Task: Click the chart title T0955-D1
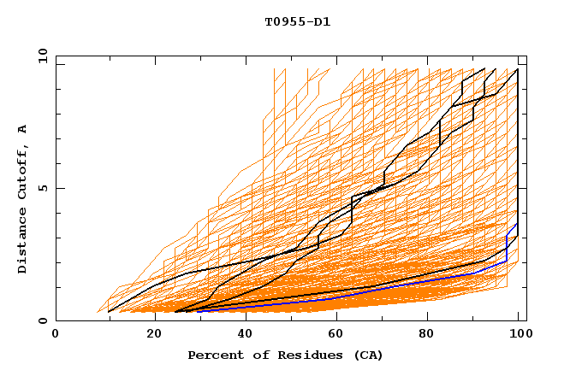click(x=297, y=21)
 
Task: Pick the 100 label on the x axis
click(x=519, y=333)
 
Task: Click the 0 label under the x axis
click(x=56, y=333)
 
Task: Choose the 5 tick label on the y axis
click(x=43, y=188)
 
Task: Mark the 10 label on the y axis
click(x=40, y=56)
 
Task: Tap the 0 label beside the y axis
click(x=43, y=320)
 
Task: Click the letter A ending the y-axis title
click(x=22, y=130)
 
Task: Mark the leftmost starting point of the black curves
click(x=109, y=312)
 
